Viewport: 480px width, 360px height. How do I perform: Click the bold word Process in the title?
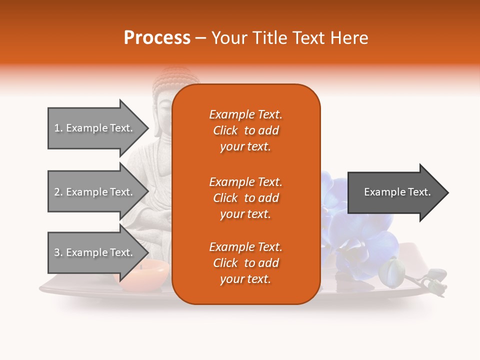tap(157, 37)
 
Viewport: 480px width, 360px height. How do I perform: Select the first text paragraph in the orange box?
tap(245, 130)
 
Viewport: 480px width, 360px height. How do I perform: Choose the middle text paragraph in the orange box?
tap(245, 197)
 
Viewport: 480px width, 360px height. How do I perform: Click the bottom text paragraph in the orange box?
tap(245, 263)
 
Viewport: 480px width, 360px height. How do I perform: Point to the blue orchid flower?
tap(360, 235)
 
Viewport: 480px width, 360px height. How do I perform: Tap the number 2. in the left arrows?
tap(58, 192)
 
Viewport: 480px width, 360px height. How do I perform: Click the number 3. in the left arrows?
tap(58, 252)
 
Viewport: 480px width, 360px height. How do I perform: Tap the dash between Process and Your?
tap(200, 38)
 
